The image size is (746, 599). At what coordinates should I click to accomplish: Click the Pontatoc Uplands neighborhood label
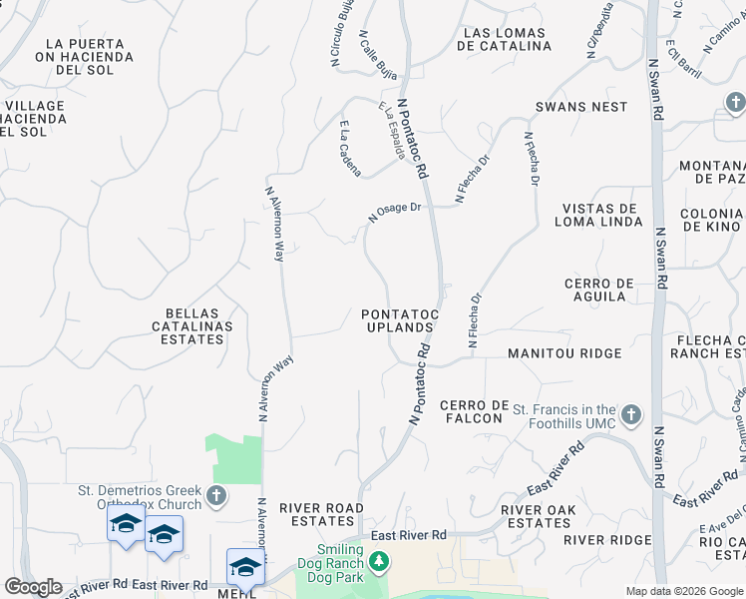(x=400, y=320)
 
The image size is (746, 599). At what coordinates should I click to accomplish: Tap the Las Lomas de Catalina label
(x=506, y=39)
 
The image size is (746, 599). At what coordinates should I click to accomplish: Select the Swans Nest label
(x=581, y=107)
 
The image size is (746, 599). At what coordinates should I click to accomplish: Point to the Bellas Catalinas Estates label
(x=192, y=325)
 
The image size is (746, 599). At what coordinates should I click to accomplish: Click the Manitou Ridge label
(x=564, y=353)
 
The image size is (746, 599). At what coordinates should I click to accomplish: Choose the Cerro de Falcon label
(x=472, y=411)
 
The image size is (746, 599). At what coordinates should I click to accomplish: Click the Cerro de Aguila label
(x=599, y=291)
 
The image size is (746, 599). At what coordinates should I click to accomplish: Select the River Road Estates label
(x=322, y=515)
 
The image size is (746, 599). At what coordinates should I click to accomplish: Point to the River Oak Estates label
(x=537, y=516)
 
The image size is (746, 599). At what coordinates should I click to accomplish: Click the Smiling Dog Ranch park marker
(x=378, y=563)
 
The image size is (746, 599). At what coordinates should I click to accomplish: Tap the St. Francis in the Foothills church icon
(x=630, y=414)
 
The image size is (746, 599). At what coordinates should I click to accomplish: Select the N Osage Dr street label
(x=397, y=212)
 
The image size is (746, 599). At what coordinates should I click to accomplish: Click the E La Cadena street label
(x=350, y=149)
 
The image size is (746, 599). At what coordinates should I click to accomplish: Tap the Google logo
(x=33, y=587)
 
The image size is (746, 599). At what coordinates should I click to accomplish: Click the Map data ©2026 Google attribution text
(x=684, y=591)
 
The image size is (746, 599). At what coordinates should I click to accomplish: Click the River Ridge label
(x=606, y=540)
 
